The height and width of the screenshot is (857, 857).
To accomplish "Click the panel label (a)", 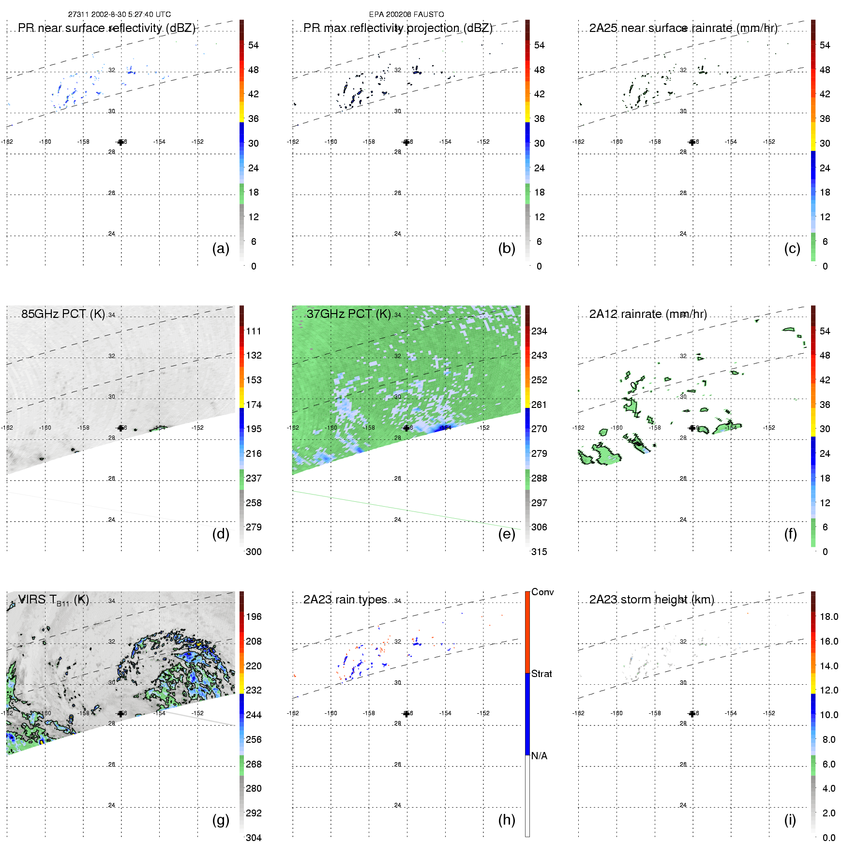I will coord(220,248).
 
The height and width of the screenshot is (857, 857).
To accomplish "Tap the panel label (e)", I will coord(506,534).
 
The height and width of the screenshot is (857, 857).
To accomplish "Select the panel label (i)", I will coord(790,820).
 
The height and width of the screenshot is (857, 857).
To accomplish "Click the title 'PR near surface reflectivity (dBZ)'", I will coord(106,28).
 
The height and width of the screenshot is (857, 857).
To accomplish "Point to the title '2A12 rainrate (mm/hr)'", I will coord(648,314).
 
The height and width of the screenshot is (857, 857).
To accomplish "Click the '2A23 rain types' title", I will coord(345,600).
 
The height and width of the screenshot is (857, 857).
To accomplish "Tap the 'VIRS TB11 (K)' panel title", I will coord(53,600).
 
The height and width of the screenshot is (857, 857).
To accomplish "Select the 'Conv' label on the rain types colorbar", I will coord(542,592).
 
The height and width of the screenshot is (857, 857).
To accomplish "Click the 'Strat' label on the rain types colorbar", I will coord(541,674).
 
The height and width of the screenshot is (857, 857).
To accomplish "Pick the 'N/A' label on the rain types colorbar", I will coord(539,756).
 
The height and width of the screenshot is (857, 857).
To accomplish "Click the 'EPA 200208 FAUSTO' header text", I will coord(406,15).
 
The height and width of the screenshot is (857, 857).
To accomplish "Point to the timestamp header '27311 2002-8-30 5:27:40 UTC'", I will coord(120,15).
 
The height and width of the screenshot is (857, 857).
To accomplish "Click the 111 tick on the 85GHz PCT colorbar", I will coord(254,331).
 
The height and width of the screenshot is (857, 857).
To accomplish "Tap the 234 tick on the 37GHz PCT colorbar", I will coord(539,331).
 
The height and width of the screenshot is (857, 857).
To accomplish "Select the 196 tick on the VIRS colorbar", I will coord(254,616).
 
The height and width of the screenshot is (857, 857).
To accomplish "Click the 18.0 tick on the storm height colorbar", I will coord(829,616).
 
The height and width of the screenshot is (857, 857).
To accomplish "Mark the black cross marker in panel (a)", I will coord(120,142).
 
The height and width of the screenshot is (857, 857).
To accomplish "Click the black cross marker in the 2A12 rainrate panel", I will coord(692,428).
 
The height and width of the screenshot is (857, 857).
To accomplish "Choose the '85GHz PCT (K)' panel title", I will coord(63,314).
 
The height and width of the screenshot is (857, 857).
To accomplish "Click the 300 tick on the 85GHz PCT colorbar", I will coord(254,552).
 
